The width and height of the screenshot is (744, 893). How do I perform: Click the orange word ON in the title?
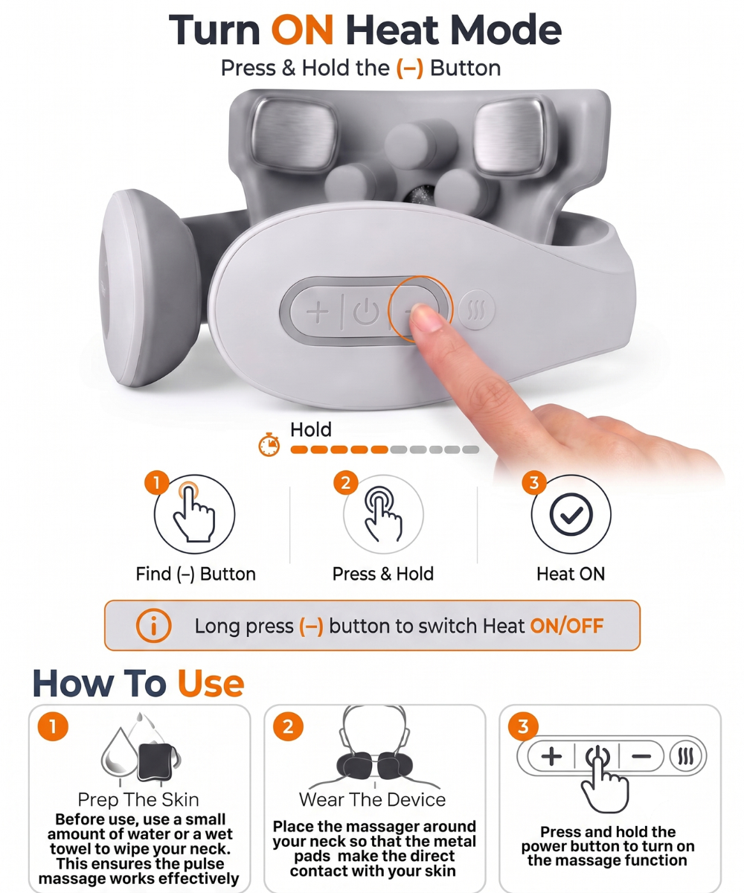[x=302, y=30]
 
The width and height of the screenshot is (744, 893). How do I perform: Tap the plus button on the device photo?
[x=317, y=311]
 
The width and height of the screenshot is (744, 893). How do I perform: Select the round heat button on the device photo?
[x=476, y=310]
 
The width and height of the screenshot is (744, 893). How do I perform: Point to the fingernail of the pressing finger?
[x=423, y=316]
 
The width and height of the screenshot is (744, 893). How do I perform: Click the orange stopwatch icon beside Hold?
[x=269, y=445]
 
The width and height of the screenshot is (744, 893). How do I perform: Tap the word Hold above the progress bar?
[x=311, y=429]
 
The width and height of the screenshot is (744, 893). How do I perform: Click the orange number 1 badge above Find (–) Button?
[x=157, y=483]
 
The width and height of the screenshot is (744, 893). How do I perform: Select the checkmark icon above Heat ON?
[x=571, y=514]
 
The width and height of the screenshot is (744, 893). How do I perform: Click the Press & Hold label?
[x=383, y=574]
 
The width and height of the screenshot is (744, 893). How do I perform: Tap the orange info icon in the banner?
[x=154, y=625]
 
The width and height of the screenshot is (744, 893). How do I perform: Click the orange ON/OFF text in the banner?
[x=566, y=626]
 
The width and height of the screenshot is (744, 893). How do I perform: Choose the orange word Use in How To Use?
[x=211, y=683]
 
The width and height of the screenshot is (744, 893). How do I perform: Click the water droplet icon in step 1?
[x=120, y=752]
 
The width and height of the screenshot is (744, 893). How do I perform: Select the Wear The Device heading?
[x=373, y=799]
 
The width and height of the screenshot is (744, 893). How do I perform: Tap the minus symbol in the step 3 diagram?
[x=641, y=756]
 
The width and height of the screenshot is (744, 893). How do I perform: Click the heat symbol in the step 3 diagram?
[x=687, y=756]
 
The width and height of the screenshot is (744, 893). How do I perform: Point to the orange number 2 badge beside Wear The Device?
[x=288, y=726]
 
